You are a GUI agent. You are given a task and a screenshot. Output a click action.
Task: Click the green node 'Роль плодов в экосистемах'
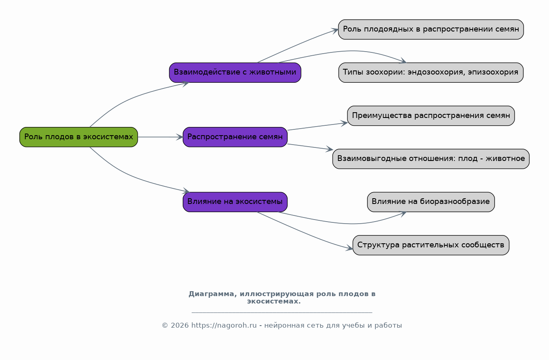(79, 137)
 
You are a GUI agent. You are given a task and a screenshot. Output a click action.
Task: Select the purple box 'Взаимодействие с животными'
(235, 72)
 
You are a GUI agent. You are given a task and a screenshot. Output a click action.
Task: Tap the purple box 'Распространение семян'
(235, 137)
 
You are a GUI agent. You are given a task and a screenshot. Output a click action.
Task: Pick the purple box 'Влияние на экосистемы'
(235, 202)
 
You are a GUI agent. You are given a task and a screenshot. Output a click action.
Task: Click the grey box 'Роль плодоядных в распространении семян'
(431, 29)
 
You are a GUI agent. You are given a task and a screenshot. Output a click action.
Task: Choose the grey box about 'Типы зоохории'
(431, 72)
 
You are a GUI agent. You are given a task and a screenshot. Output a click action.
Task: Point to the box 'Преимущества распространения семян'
(431, 115)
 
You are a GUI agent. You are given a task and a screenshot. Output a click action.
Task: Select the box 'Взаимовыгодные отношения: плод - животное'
(431, 159)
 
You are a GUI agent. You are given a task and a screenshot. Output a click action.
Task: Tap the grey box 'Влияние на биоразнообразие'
(431, 202)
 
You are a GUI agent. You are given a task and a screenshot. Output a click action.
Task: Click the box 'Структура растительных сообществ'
(431, 245)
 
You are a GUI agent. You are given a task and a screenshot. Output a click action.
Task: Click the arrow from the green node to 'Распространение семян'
(160, 137)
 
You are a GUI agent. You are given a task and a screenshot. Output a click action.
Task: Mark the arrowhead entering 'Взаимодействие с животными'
(186, 84)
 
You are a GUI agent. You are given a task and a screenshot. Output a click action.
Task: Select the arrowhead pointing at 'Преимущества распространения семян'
(344, 123)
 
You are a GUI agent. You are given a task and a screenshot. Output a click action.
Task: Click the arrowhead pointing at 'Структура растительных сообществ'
(349, 248)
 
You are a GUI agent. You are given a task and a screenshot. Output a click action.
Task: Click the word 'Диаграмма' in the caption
(213, 294)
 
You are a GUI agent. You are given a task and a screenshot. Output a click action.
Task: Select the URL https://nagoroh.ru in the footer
(224, 326)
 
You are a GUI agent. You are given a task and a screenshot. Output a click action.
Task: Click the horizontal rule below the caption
(282, 312)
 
